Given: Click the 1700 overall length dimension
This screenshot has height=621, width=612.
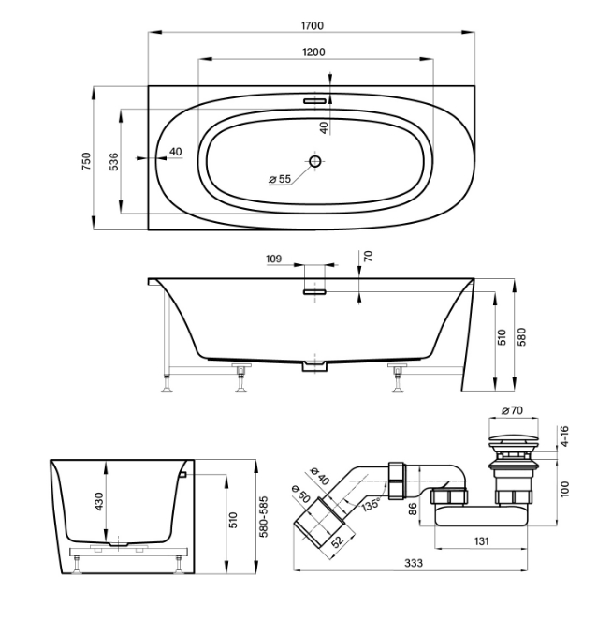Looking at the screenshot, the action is [313, 25].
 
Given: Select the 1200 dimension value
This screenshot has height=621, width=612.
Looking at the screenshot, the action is [313, 52].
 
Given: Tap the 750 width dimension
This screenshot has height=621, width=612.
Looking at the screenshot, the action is [86, 161].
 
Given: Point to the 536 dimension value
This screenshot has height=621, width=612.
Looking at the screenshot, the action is [113, 161].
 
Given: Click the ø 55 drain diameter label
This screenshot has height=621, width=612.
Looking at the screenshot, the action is [280, 179].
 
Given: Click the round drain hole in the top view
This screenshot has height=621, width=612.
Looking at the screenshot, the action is [315, 161].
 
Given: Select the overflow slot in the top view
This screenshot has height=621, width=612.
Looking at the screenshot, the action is [315, 101].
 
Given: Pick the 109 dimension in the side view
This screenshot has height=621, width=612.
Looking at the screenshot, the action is [274, 259].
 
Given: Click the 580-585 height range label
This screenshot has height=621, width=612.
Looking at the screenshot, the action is [264, 517].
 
